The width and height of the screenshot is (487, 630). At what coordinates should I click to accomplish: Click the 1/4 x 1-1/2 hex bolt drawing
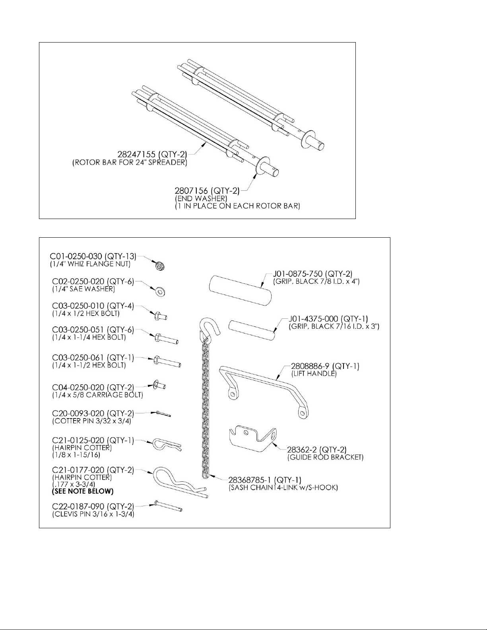coord(167,361)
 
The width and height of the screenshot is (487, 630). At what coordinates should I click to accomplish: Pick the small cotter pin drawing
coord(163,414)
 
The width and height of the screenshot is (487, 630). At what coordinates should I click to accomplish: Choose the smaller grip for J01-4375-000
coord(251,330)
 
